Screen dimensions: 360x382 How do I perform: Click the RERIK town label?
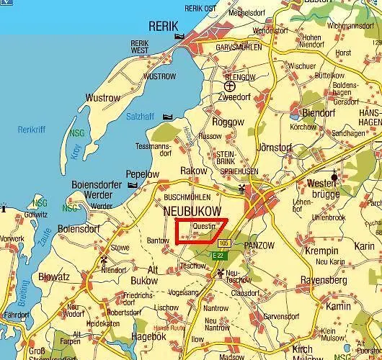coord(162,26)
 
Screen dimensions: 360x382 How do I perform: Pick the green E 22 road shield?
coord(218,255)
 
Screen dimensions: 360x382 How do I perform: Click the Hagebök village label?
coord(150,336)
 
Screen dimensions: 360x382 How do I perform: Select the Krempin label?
coord(321,250)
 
